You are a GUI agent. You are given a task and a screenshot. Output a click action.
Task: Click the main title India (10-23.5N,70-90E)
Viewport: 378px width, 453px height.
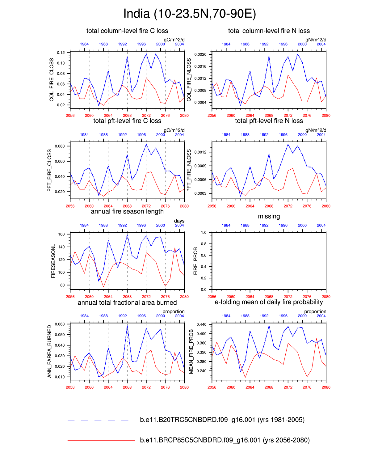coord(189,14)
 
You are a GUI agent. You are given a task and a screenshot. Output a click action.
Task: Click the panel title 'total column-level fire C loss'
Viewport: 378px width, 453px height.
coord(127,31)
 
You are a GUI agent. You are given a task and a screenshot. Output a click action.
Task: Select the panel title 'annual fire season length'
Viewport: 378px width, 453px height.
coord(127,212)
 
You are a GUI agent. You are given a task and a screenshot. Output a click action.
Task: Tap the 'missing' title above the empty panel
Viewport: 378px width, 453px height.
coord(269,217)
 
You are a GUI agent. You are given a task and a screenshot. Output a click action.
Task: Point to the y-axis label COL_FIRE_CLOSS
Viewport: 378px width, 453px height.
coord(52,80)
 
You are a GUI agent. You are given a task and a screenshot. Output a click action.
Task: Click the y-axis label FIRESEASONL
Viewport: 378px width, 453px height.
coord(53,261)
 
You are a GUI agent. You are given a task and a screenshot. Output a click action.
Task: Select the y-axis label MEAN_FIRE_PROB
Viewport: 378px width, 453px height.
coord(191,352)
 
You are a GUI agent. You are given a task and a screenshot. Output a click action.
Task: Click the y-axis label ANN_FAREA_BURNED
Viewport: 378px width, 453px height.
coord(49,351)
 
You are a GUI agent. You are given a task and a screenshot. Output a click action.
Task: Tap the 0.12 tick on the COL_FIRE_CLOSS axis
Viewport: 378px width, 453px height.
coord(61,53)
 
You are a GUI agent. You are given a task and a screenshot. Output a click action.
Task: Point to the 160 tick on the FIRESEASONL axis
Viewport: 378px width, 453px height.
coord(61,235)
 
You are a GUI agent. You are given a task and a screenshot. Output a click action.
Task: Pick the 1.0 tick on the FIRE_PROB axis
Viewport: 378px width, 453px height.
coord(204,233)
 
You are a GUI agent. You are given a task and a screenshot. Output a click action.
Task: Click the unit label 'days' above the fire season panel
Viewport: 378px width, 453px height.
coord(179,221)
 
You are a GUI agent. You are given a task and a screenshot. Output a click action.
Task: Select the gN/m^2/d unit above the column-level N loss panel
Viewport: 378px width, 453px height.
coord(316,40)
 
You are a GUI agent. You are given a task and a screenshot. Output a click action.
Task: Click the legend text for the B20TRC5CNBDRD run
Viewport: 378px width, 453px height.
coord(222,420)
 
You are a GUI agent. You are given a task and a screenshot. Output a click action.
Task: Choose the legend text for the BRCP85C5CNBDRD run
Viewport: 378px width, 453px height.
coord(225,440)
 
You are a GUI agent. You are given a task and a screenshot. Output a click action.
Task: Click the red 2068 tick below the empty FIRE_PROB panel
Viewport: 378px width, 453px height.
coord(269,297)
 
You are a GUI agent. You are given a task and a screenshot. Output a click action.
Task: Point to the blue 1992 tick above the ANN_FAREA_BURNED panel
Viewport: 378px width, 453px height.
coord(122,316)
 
